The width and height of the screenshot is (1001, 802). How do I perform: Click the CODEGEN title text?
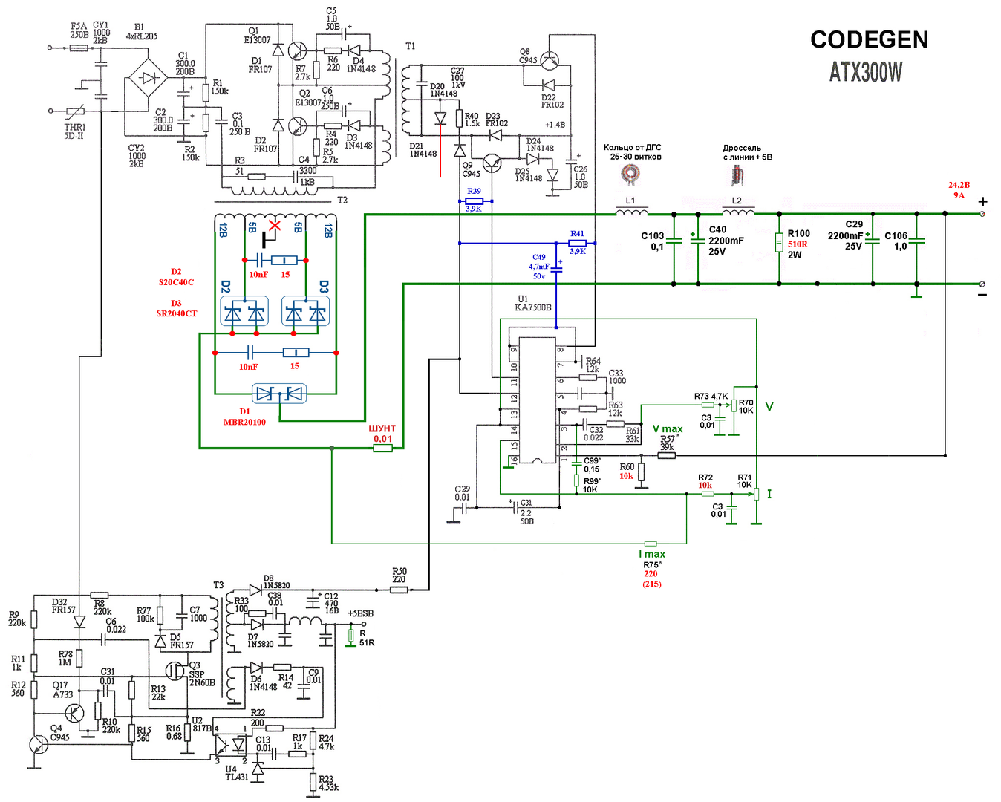click(869, 39)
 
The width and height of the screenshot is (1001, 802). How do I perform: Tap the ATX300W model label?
click(866, 72)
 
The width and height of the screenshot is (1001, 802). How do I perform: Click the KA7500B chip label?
click(533, 307)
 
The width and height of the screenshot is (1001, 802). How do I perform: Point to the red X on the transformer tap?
click(275, 225)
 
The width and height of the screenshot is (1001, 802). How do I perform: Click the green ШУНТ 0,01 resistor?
click(382, 448)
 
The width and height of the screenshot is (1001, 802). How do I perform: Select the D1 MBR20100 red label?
click(244, 417)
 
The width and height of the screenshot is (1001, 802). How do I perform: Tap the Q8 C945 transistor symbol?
click(550, 60)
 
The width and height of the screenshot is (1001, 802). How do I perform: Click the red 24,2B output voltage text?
click(959, 185)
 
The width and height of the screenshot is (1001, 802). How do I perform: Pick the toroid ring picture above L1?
click(630, 175)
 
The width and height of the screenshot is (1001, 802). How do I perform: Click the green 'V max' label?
click(668, 429)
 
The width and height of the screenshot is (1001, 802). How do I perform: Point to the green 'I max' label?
click(652, 554)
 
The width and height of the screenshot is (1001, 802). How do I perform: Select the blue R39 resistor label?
click(474, 192)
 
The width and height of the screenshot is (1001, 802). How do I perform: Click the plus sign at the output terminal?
click(983, 201)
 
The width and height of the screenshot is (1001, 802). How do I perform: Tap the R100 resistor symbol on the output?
click(779, 243)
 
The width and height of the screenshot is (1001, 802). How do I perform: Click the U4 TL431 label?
click(237, 774)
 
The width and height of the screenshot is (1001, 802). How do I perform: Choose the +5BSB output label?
click(360, 613)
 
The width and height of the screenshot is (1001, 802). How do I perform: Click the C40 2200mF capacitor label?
click(726, 241)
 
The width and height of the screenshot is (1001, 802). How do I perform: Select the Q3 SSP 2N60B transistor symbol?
click(175, 671)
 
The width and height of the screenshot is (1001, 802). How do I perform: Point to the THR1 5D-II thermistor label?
click(74, 131)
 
